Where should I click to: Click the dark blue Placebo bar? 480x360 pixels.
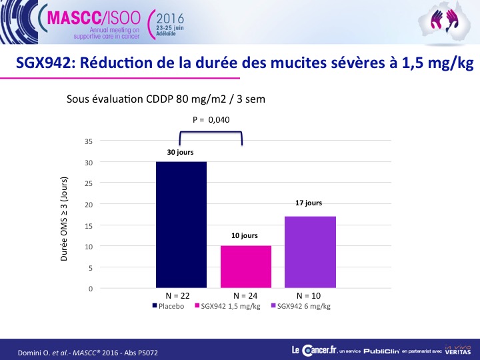(x=181, y=225)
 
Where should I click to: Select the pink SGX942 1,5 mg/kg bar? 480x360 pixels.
(x=246, y=267)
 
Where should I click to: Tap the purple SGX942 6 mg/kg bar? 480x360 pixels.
(x=310, y=252)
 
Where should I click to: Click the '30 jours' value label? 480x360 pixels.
(x=180, y=152)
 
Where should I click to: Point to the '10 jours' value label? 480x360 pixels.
(x=245, y=235)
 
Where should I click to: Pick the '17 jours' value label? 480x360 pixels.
(x=309, y=203)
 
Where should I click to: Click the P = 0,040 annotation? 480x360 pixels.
(x=211, y=120)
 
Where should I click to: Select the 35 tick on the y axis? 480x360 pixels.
(x=89, y=141)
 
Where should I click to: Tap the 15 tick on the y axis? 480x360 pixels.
(x=89, y=226)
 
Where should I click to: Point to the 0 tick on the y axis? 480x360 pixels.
(x=91, y=289)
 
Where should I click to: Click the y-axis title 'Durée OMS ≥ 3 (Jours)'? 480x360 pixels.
(x=64, y=219)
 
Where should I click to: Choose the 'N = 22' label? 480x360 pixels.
(x=177, y=296)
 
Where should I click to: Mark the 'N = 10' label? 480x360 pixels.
(x=309, y=296)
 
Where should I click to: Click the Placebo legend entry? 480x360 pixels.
(x=169, y=306)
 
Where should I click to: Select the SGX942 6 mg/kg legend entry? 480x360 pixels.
(x=301, y=306)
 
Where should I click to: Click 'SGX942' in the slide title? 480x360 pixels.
(x=46, y=63)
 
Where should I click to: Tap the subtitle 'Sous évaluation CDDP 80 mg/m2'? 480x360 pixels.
(x=146, y=99)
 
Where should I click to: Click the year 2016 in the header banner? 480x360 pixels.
(x=170, y=19)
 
